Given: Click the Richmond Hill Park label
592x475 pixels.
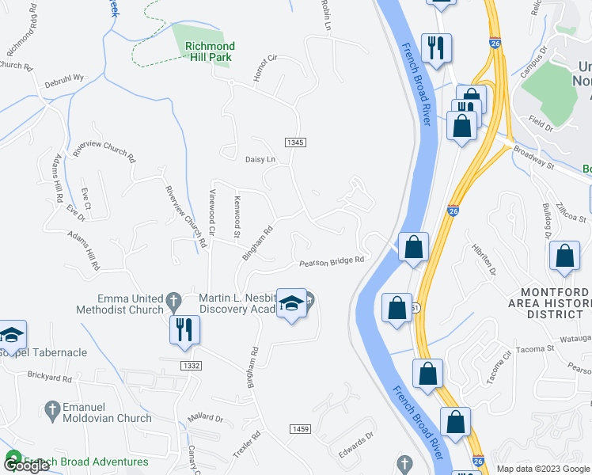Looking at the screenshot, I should pos(210,51).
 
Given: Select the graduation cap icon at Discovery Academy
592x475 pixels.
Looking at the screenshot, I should pos(292,305).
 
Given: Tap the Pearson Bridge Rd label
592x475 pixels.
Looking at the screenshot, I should pos(331,261).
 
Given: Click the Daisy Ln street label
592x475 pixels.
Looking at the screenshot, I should pos(260,159).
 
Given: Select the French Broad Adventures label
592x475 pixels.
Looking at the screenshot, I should pos(85,462).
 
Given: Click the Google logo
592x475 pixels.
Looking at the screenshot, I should pos(26,465).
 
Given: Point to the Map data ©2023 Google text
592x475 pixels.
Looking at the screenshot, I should pos(542,469).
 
